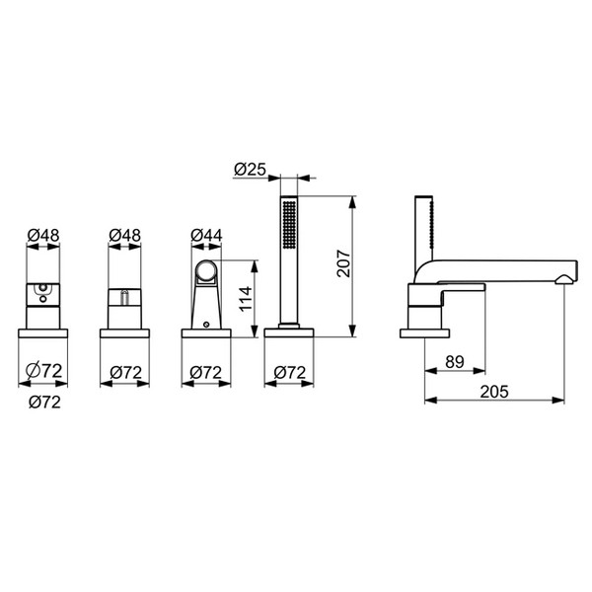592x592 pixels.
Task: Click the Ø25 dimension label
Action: pos(250,169)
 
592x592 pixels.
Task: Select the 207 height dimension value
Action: pos(344,263)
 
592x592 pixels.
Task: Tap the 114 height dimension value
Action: pos(246,299)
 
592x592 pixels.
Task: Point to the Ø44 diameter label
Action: pos(206,235)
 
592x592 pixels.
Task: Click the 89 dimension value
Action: pos(455,362)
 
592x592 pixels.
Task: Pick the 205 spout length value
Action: pos(494,392)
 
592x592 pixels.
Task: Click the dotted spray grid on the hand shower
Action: pos(289,225)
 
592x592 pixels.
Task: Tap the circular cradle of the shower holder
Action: pos(206,270)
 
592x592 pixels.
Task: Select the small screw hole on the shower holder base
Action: pos(206,324)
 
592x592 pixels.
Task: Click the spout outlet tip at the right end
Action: pos(565,279)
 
